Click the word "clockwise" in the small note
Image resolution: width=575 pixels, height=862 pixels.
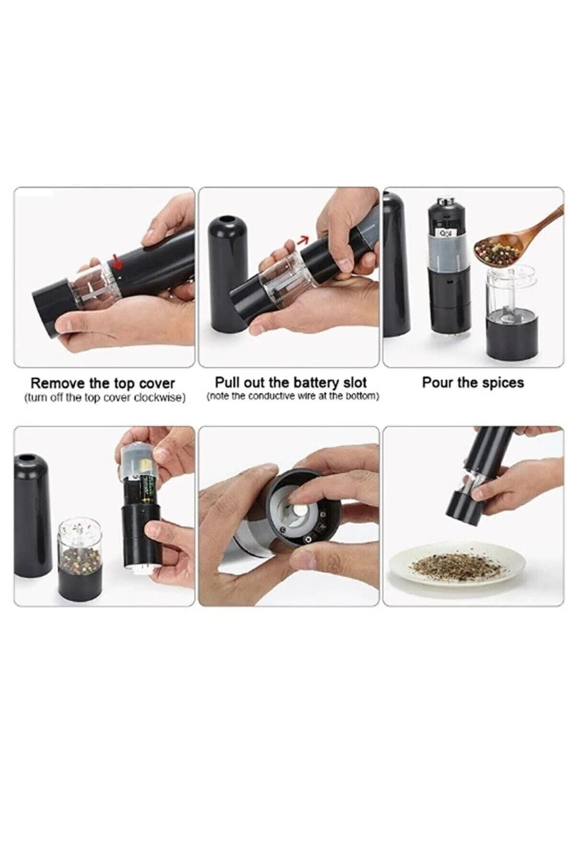coord(161,398)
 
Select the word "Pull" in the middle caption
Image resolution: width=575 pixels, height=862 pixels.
coord(227,383)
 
